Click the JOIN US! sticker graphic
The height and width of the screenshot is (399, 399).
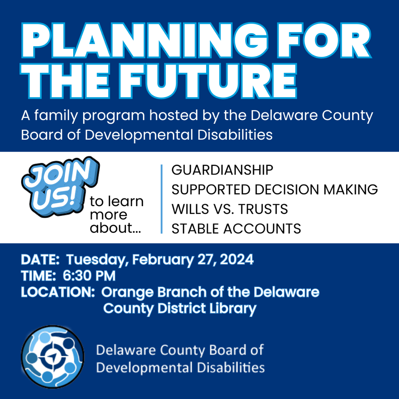click(61, 187)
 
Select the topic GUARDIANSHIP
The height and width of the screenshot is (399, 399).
click(222, 170)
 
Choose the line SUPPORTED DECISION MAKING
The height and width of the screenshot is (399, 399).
click(275, 190)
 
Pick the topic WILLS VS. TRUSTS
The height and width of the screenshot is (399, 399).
click(229, 209)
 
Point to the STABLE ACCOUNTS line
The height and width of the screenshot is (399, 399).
click(236, 229)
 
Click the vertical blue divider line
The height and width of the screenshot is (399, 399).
click(162, 199)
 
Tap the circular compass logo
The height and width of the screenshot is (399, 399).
click(52, 357)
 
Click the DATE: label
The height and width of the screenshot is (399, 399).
click(40, 260)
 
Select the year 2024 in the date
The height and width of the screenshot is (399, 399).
click(236, 259)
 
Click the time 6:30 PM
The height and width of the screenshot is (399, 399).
click(89, 276)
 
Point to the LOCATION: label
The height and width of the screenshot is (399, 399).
click(58, 292)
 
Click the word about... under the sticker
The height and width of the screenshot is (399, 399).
click(115, 228)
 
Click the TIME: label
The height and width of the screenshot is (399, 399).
click(38, 276)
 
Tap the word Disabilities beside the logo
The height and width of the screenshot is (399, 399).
click(231, 368)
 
